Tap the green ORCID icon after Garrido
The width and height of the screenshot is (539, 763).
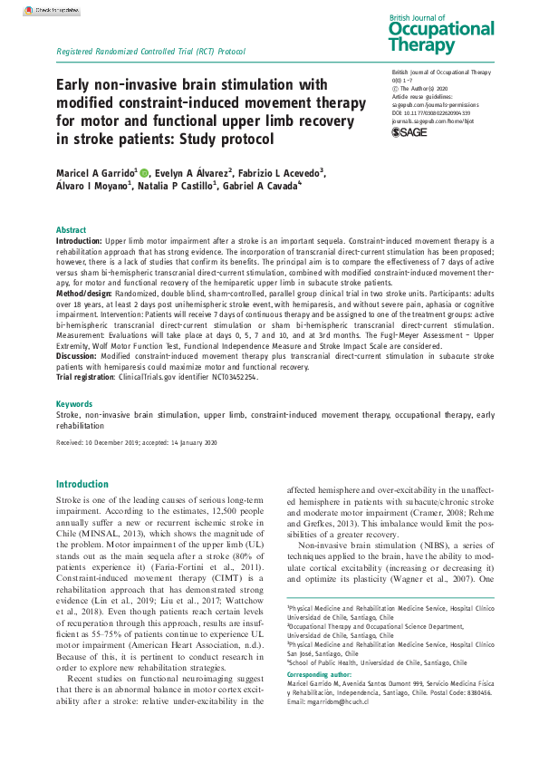click(143, 171)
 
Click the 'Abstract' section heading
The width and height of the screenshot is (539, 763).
click(72, 230)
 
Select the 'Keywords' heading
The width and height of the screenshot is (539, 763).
click(73, 402)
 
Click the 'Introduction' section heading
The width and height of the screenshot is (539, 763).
click(82, 484)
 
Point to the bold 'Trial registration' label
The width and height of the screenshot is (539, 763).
click(89, 377)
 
